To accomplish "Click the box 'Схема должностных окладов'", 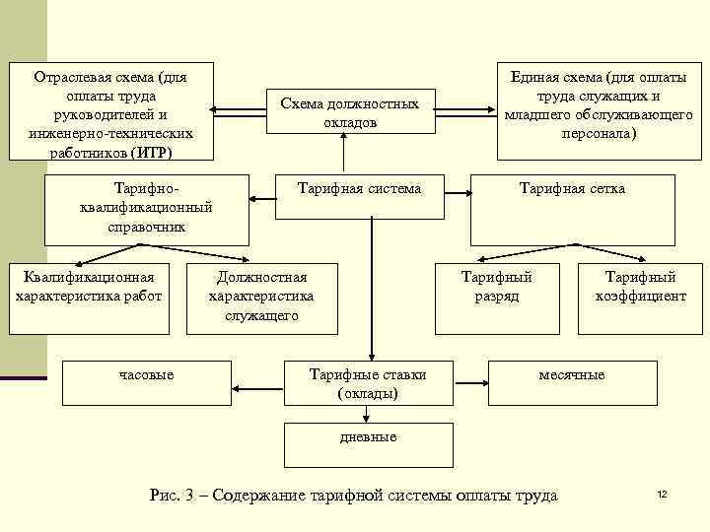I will [343, 111].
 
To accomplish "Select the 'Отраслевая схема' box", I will [110, 112].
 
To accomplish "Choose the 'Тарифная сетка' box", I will [572, 209].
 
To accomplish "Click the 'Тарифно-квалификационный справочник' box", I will [147, 208].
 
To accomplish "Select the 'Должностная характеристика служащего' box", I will [261, 297].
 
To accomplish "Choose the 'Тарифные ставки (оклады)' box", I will [368, 383].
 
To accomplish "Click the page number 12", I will [662, 494].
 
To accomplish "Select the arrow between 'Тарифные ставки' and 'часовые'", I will [259, 383].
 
